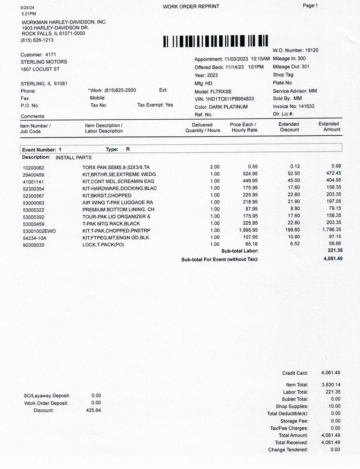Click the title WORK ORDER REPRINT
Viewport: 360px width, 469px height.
pos(191,7)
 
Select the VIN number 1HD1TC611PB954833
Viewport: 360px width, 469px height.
pos(230,99)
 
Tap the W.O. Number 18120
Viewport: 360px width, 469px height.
pos(312,50)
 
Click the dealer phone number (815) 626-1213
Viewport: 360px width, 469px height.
pos(37,40)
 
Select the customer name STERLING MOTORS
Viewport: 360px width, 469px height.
pos(44,62)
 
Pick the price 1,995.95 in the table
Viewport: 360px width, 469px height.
pos(245,230)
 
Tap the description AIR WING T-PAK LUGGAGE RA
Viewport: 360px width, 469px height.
pos(118,202)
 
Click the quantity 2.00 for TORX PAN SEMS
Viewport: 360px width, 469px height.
pos(214,167)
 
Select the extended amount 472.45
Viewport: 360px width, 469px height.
pos(331,174)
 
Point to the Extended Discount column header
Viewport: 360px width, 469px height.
pos(289,127)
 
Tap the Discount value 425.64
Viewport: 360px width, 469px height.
pos(93,410)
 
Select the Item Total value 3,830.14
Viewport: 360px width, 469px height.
pos(331,385)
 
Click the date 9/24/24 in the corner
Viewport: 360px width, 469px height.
pos(28,8)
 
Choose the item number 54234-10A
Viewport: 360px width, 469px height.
pos(35,238)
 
